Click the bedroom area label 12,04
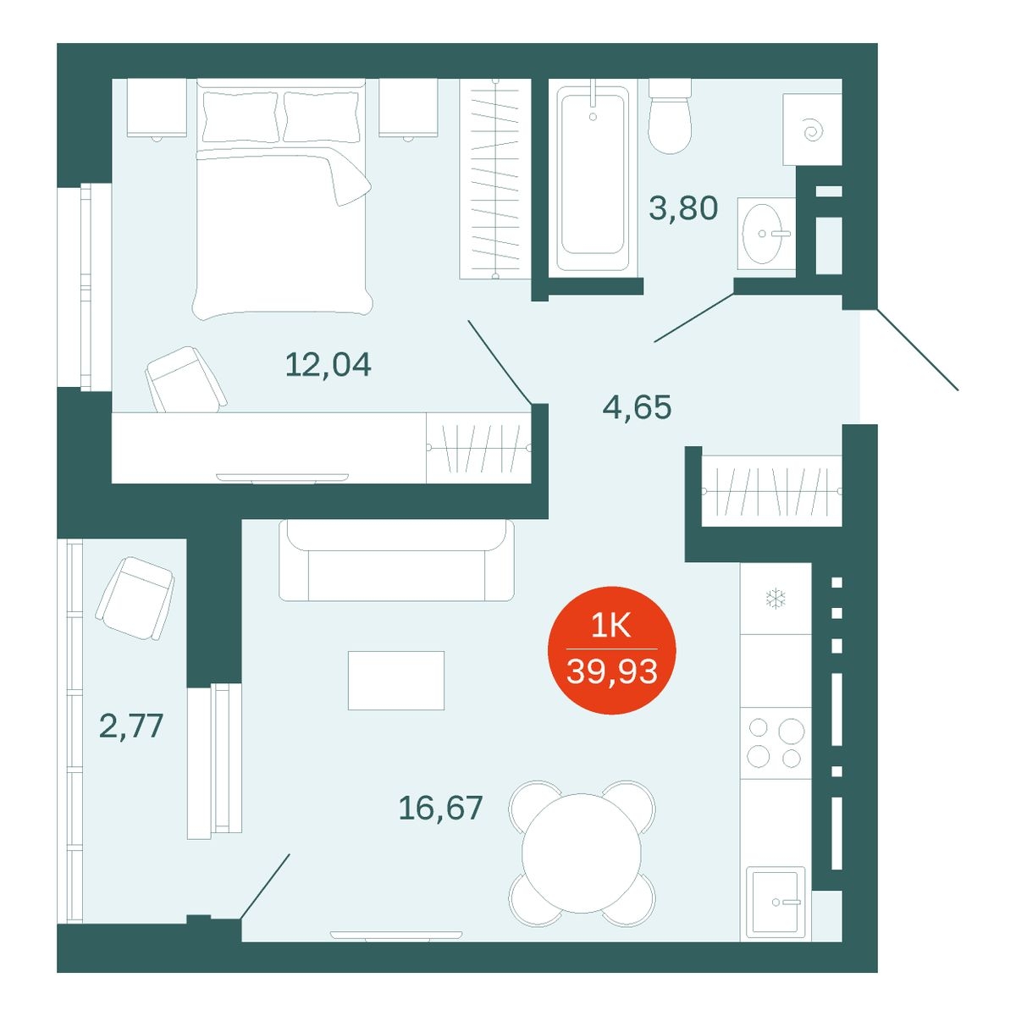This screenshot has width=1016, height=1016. pos(328,365)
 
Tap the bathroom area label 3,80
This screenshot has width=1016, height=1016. pos(682,207)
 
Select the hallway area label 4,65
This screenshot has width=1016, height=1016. pos(637,407)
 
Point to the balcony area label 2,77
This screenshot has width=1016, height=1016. pos(131,726)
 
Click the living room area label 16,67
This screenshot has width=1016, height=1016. pos(440,807)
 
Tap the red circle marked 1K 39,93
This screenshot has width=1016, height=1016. pos(611,650)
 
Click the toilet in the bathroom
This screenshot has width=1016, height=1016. pos(670,117)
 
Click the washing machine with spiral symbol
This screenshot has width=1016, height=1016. pos(812,130)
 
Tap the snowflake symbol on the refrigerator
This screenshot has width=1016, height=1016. pos(776,599)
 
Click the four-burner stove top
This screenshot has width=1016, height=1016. pos(776,743)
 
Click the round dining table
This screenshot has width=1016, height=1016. pos(582,853)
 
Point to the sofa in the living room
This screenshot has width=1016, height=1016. pos(396,560)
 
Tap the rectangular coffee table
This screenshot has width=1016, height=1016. pos(396,681)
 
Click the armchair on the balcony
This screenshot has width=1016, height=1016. pos(135,599)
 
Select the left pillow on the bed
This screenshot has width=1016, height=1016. pos(240,117)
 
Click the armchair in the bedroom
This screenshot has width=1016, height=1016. pos(185,380)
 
